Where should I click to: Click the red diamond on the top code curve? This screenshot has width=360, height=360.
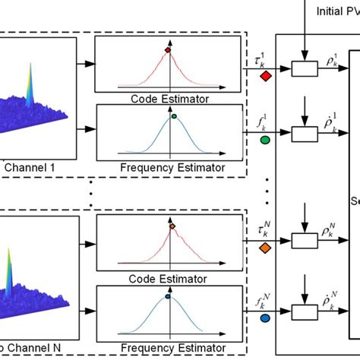click(x=168, y=51)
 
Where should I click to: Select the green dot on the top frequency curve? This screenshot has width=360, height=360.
click(x=174, y=116)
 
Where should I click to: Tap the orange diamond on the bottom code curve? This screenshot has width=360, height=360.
click(x=172, y=226)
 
